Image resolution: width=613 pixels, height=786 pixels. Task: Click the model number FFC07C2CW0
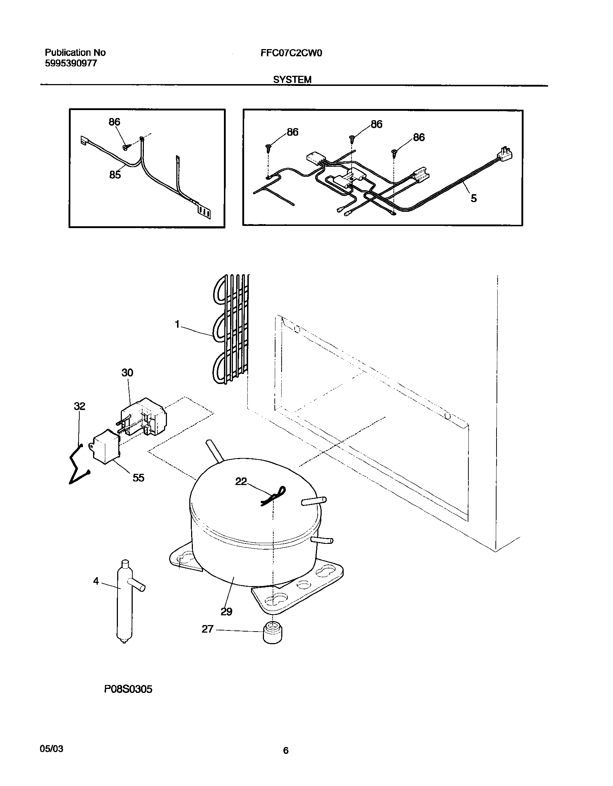tap(291, 53)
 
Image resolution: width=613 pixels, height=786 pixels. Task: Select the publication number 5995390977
tap(71, 64)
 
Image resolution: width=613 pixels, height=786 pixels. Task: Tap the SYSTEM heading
tap(292, 80)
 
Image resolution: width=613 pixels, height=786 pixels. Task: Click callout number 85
tap(115, 175)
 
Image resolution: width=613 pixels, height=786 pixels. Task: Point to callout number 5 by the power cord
tap(473, 198)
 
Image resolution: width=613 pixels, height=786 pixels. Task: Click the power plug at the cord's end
tap(506, 154)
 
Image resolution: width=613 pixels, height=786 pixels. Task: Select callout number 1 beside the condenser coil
tap(177, 324)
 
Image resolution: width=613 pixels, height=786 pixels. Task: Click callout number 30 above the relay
tap(127, 372)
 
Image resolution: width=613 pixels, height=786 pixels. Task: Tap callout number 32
tap(80, 406)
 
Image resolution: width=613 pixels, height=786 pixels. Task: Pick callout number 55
tap(138, 478)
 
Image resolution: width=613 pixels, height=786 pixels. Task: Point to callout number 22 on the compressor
tap(241, 481)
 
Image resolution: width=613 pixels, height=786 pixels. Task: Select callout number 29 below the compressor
tap(226, 611)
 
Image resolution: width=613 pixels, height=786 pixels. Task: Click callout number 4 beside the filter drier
tap(96, 581)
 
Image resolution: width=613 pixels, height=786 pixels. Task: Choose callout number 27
tap(207, 629)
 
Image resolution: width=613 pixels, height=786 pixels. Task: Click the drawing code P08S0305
tap(128, 699)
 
